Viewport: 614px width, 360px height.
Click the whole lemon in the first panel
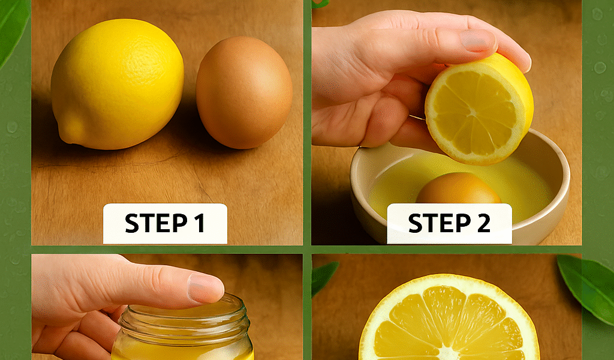(x=117, y=84)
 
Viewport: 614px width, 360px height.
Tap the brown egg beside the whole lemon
(x=245, y=92)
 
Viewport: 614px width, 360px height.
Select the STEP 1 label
(x=165, y=224)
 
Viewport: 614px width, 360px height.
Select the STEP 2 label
(x=449, y=224)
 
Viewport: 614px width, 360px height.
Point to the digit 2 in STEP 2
(x=483, y=223)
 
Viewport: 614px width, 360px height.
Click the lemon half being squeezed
(x=479, y=109)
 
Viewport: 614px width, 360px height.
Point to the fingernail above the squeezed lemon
(x=477, y=41)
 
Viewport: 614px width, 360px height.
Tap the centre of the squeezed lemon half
(x=474, y=111)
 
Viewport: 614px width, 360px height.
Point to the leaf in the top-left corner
(x=14, y=28)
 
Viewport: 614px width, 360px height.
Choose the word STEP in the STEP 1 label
(x=155, y=223)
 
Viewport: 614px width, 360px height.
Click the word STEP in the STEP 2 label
(x=440, y=223)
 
